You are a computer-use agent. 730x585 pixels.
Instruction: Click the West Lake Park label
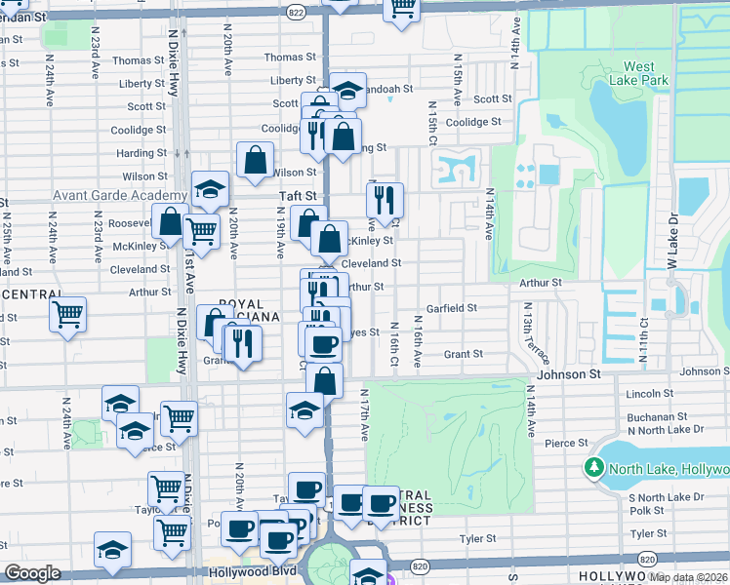tap(639, 73)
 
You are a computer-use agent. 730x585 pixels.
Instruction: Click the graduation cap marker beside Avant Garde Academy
tap(209, 191)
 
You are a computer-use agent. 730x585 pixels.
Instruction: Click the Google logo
tap(32, 573)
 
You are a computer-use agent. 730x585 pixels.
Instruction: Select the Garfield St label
tap(451, 308)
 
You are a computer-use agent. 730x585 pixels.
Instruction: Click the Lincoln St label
tap(645, 394)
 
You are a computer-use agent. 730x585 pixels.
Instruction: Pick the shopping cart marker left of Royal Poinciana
tap(67, 315)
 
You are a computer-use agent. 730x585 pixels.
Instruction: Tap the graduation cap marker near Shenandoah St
tap(347, 91)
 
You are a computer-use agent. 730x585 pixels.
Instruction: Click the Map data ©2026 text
tap(688, 577)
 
